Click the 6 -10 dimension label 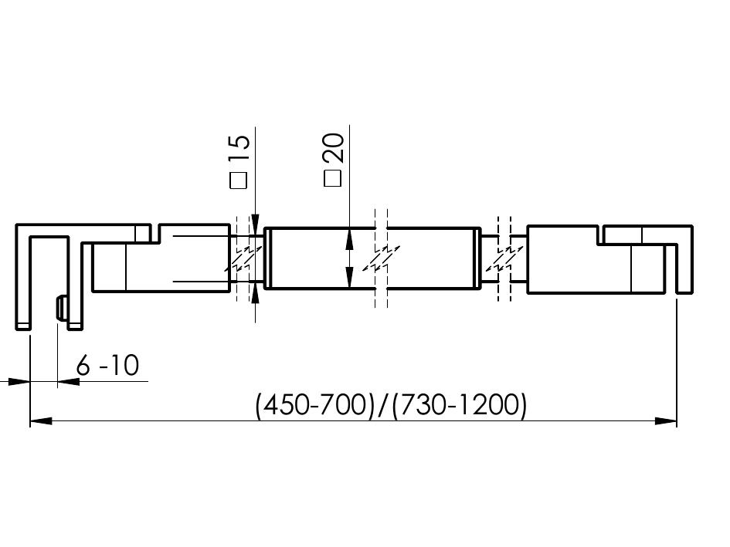click(107, 365)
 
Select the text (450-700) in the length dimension click(315, 405)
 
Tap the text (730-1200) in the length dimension click(460, 405)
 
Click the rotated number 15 click(240, 148)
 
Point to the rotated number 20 click(334, 148)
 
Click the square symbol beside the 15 click(239, 181)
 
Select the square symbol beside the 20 click(332, 178)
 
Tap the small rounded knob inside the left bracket click(61, 308)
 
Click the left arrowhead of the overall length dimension click(41, 421)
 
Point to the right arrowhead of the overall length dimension click(666, 421)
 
